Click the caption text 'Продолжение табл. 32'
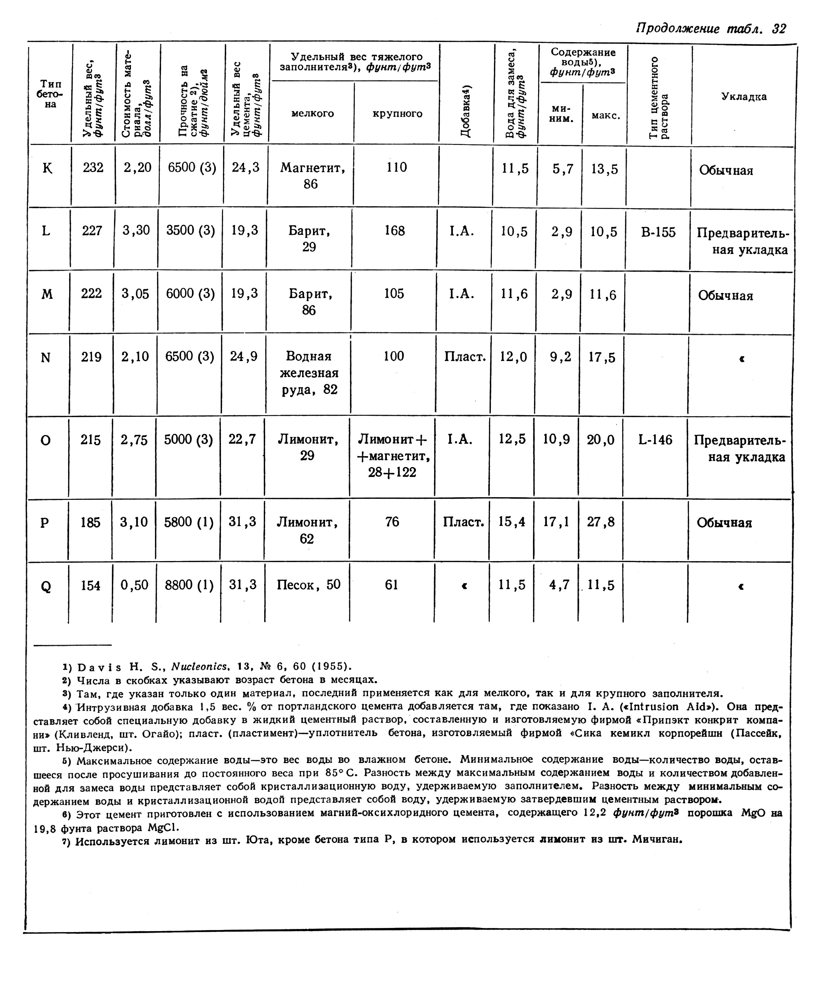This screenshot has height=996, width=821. click(711, 29)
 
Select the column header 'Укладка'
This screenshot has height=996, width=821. click(743, 96)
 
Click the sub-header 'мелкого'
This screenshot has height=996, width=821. click(313, 114)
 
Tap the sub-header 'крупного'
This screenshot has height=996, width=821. click(397, 114)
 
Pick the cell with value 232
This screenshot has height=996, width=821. click(93, 168)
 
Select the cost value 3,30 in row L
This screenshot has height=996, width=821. click(136, 230)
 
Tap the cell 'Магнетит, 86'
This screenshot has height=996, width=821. click(312, 176)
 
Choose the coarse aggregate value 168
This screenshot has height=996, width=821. click(395, 231)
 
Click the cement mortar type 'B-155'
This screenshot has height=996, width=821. click(658, 232)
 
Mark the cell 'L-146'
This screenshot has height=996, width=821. click(655, 440)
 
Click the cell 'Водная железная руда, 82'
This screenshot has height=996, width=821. click(309, 373)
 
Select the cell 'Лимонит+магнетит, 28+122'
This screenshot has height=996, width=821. click(392, 456)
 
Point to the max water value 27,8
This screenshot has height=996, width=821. click(601, 522)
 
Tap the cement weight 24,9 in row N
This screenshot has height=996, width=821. click(244, 356)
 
